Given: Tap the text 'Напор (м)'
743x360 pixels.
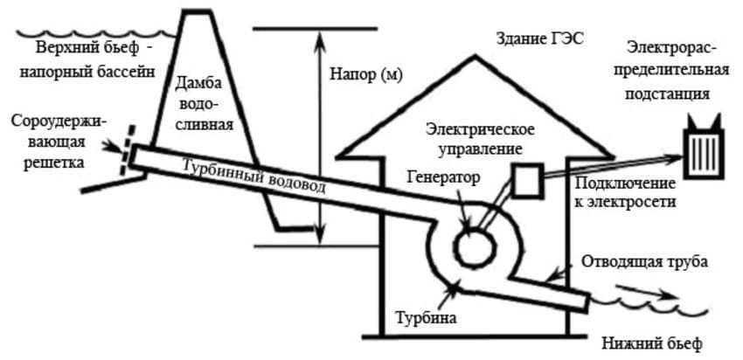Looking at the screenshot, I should pyautogui.click(x=365, y=74).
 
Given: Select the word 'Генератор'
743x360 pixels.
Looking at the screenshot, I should pyautogui.click(x=444, y=177).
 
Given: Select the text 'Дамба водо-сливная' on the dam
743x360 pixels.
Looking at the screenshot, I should pyautogui.click(x=210, y=104).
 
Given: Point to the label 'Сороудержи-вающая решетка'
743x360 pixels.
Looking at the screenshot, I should pyautogui.click(x=56, y=142).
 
